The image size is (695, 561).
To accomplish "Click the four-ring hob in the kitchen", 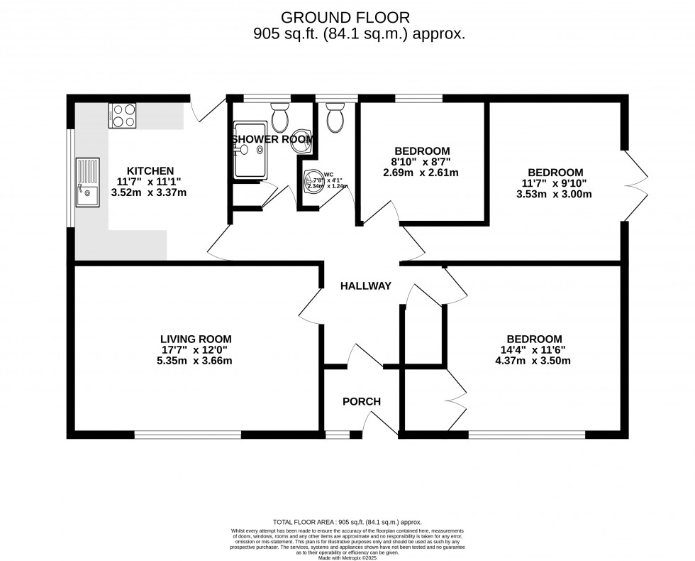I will tap(122, 115).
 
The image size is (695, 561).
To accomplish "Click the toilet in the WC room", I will tap(334, 117).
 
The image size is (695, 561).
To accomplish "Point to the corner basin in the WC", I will tap(312, 182).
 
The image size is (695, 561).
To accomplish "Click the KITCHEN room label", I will tap(150, 171).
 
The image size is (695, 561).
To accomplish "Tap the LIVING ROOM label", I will tap(196, 339).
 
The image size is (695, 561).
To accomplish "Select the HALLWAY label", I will tap(365, 286).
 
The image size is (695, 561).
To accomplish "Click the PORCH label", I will tap(361, 401).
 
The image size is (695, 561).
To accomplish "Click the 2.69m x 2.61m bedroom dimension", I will tap(421, 173).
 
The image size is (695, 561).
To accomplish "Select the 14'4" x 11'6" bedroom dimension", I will tap(534, 349).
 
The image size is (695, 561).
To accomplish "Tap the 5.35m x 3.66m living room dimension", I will tap(196, 361).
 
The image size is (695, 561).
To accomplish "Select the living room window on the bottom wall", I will tap(188, 434).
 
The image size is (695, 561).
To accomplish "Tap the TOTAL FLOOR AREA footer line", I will tap(347, 522).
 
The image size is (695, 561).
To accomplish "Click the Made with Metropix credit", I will tap(347, 557).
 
